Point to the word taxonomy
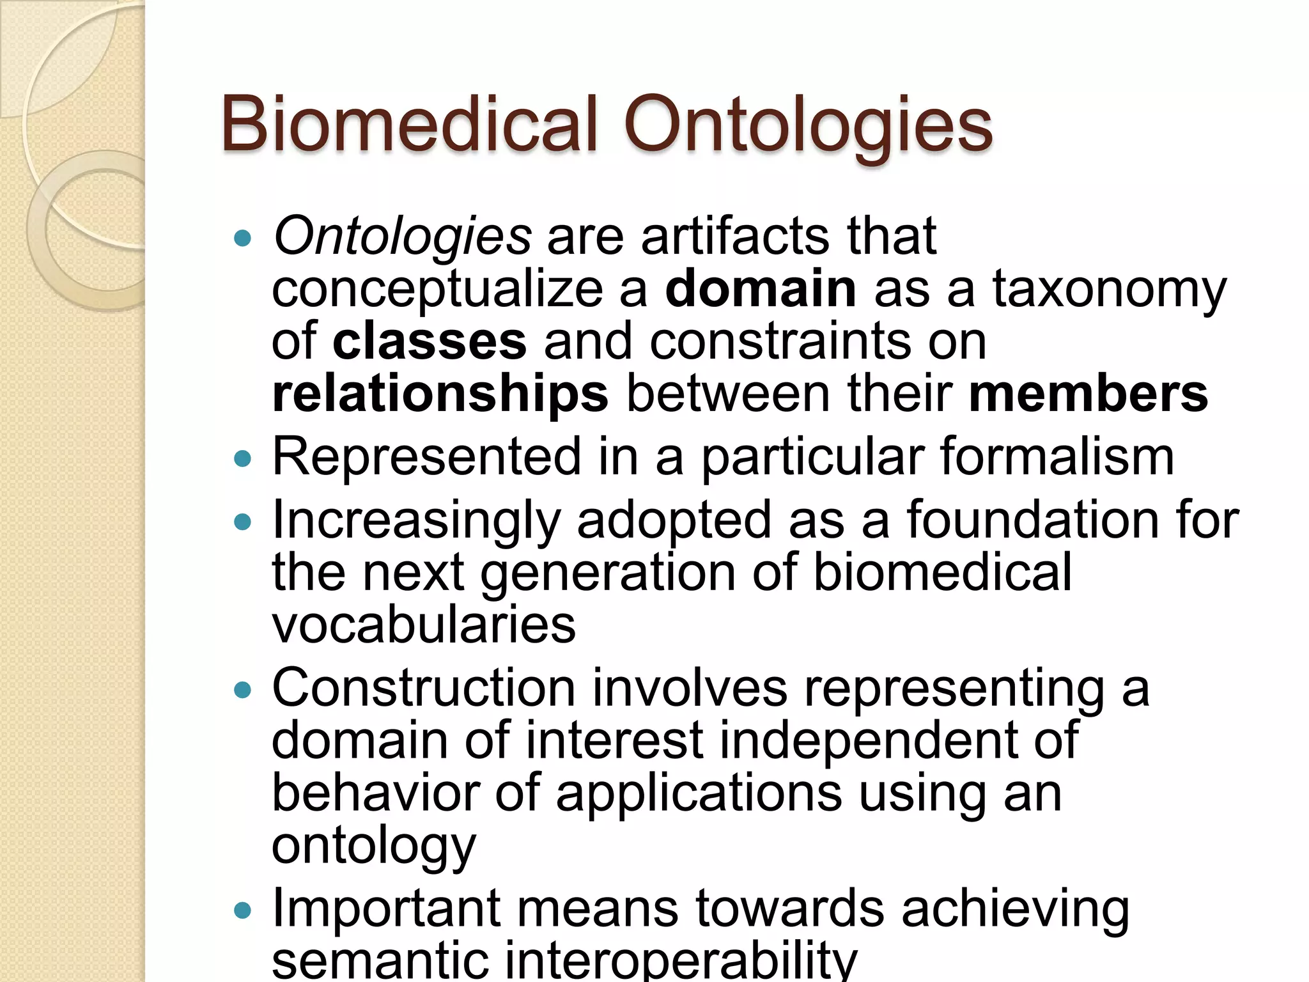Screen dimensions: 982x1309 (1109, 289)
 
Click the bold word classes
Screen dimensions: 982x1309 (430, 341)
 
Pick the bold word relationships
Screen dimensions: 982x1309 (440, 394)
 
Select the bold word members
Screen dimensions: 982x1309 (1088, 394)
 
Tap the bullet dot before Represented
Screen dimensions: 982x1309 (243, 459)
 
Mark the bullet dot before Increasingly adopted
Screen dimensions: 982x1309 (243, 522)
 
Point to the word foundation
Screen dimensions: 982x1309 (1030, 520)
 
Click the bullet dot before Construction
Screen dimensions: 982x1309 (243, 690)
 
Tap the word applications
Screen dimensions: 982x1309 (699, 793)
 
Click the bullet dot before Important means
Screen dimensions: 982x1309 (243, 910)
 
